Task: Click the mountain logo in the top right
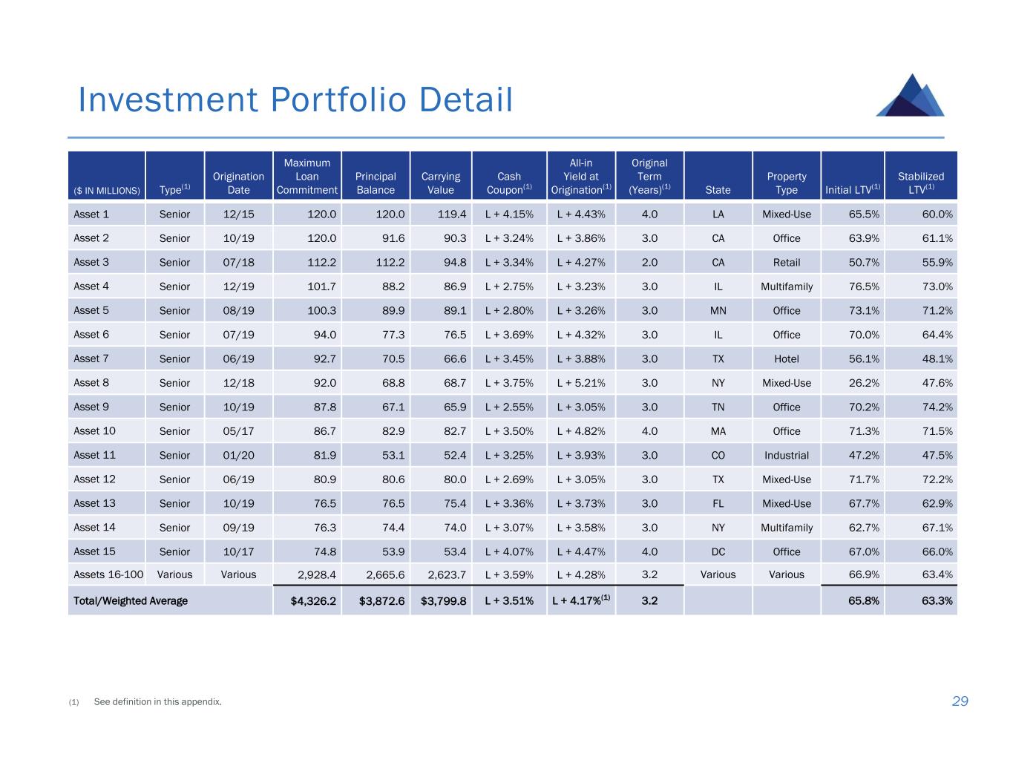click(x=911, y=96)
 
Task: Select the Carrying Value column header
click(x=441, y=183)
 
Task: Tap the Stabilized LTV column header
click(x=921, y=183)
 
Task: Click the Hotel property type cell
click(x=787, y=359)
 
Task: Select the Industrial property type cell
click(x=787, y=456)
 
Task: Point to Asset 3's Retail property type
click(x=787, y=263)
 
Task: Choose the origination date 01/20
click(x=238, y=456)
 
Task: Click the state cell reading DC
click(x=718, y=552)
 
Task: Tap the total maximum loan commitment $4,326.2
click(x=306, y=601)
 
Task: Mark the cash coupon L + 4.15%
click(x=509, y=214)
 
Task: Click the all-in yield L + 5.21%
click(x=581, y=383)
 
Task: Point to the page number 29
click(x=960, y=701)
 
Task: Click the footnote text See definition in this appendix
click(x=157, y=702)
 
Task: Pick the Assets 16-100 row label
click(x=108, y=574)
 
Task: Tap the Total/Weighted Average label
click(x=131, y=601)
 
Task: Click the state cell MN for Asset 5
click(x=718, y=311)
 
